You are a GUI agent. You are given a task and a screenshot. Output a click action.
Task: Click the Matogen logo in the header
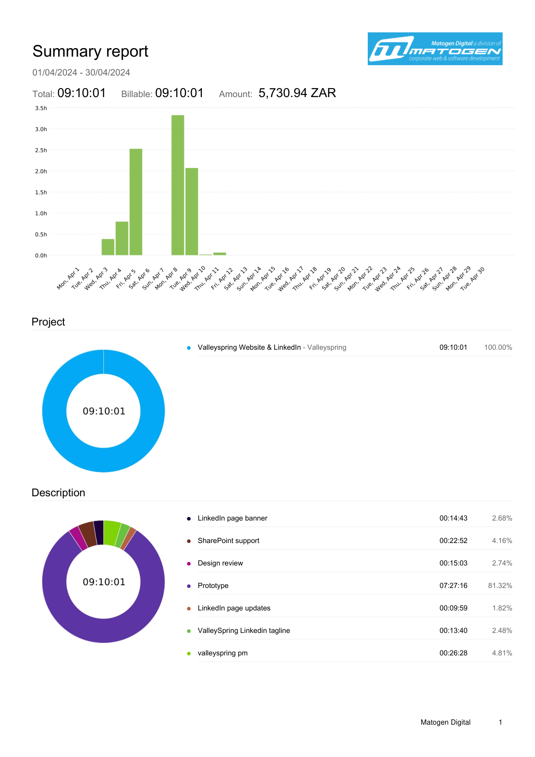(x=435, y=49)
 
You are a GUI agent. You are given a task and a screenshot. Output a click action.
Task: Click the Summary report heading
(x=90, y=51)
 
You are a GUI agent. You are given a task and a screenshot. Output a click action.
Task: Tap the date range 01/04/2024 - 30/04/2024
(x=81, y=72)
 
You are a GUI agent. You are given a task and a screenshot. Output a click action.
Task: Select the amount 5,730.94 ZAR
(x=297, y=93)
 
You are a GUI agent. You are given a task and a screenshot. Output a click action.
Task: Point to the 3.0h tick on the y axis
(x=41, y=129)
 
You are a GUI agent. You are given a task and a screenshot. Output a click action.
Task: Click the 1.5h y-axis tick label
(x=41, y=192)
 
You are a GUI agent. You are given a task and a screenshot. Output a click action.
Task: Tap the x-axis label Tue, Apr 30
(x=473, y=278)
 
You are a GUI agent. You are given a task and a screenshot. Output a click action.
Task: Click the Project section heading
(x=48, y=322)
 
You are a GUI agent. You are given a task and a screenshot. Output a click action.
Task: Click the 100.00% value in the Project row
(x=498, y=347)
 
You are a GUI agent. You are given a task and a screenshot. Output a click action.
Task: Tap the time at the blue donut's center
(x=104, y=411)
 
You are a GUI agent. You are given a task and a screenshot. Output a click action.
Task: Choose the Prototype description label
(x=213, y=586)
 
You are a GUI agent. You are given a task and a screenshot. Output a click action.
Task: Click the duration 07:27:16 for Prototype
(x=453, y=586)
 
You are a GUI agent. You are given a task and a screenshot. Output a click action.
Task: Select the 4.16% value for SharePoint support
(x=502, y=541)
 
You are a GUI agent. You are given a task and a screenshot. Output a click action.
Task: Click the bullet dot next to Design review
(x=189, y=564)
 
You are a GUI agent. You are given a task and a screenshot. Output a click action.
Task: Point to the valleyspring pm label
(x=223, y=653)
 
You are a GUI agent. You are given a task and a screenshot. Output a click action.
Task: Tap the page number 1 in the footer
(x=500, y=722)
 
